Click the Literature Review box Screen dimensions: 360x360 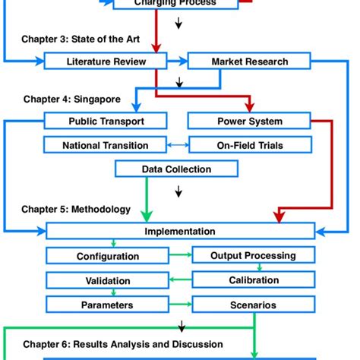106,62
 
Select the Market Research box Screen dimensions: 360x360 249,62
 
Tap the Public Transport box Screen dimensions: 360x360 106,121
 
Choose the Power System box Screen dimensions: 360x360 249,121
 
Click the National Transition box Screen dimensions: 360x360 106,144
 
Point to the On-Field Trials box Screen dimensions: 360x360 249,144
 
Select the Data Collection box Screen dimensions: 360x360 176,169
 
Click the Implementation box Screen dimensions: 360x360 180,231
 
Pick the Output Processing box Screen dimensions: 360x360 253,256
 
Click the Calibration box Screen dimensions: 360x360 253,280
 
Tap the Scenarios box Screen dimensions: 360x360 253,305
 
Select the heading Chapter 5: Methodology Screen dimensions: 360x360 76,208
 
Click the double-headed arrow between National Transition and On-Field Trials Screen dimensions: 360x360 177,144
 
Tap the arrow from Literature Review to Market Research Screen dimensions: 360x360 177,62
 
